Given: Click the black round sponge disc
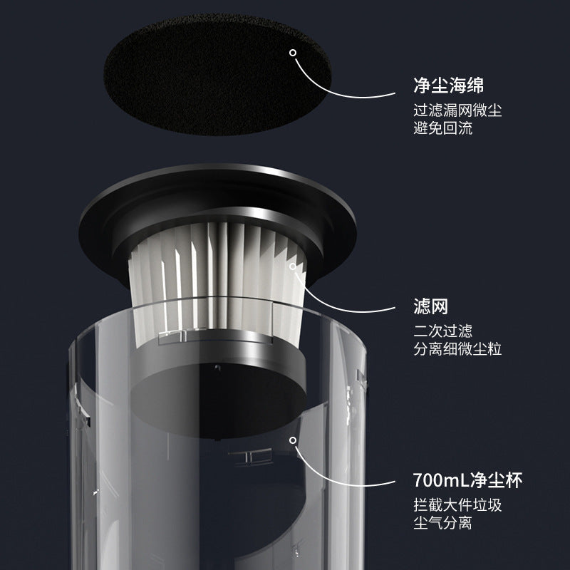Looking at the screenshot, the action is click(217, 75).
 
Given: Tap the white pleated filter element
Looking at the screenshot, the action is click(218, 284).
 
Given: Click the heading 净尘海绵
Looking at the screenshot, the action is click(449, 85).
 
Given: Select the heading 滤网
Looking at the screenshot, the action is click(431, 306).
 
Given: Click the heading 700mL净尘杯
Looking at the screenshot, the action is click(468, 480).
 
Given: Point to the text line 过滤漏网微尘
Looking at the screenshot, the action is click(457, 110).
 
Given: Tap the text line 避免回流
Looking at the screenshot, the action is click(442, 128).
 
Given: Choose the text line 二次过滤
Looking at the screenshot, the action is click(442, 331).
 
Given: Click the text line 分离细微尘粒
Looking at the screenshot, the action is click(457, 349).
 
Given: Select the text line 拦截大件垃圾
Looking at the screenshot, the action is click(457, 505).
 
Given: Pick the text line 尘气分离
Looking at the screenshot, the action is click(442, 523).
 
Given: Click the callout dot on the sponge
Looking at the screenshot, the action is click(293, 53).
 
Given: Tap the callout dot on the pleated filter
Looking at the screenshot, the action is click(293, 266).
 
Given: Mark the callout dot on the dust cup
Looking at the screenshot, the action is click(293, 440).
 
